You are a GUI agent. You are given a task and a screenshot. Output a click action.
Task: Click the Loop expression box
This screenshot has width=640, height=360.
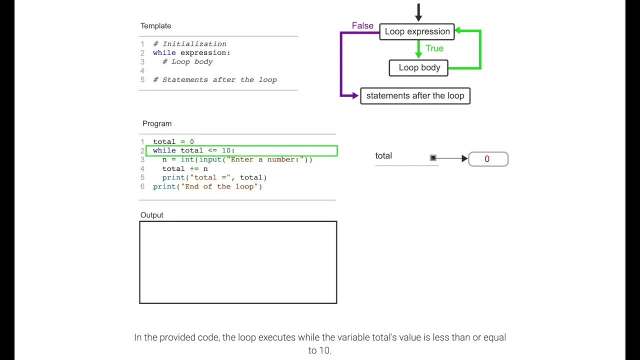[x=417, y=31]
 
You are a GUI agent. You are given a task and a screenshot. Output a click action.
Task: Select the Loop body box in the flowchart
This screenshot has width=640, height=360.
[x=418, y=67]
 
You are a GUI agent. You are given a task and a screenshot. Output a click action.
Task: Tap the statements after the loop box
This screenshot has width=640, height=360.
[x=415, y=95]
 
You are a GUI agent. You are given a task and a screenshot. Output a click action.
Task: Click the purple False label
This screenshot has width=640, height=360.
[x=362, y=25]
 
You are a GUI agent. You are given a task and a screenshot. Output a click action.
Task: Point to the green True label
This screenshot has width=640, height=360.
[x=434, y=48]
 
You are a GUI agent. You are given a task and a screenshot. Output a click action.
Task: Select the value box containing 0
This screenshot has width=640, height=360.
[x=488, y=159]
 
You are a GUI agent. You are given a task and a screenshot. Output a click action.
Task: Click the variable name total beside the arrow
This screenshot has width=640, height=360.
[x=383, y=155]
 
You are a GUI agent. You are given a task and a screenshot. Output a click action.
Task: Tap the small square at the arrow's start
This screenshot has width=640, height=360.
[x=433, y=158]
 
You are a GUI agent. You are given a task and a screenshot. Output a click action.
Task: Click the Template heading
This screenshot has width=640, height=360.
[x=155, y=26]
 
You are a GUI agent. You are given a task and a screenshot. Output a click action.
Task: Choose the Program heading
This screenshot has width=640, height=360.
[x=157, y=123]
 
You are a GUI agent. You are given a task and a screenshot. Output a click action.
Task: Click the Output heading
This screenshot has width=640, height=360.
[x=151, y=215]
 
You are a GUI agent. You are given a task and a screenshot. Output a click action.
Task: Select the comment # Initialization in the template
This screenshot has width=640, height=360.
[x=189, y=44]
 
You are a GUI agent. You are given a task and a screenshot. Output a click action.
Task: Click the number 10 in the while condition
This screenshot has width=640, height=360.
[x=226, y=150]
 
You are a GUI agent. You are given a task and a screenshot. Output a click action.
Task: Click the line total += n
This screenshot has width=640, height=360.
[x=185, y=168]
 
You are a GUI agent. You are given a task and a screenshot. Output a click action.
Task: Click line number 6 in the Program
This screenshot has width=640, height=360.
[x=142, y=186]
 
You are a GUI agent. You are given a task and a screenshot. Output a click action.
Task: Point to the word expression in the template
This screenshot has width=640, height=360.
[x=205, y=52]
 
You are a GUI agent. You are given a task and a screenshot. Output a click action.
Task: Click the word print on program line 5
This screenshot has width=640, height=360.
[x=173, y=177]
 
